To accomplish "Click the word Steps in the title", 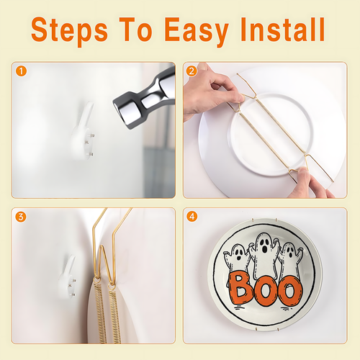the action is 69,30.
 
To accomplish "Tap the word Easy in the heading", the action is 196,30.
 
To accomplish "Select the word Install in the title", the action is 282,30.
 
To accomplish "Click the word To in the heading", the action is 135,30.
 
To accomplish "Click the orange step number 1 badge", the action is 21,71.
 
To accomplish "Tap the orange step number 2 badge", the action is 192,71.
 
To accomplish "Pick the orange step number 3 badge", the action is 21,217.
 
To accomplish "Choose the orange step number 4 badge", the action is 192,217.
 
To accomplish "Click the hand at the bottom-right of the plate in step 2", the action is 310,184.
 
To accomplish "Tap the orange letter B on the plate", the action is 240,288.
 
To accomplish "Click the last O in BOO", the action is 289,291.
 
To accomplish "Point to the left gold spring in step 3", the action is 100,312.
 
